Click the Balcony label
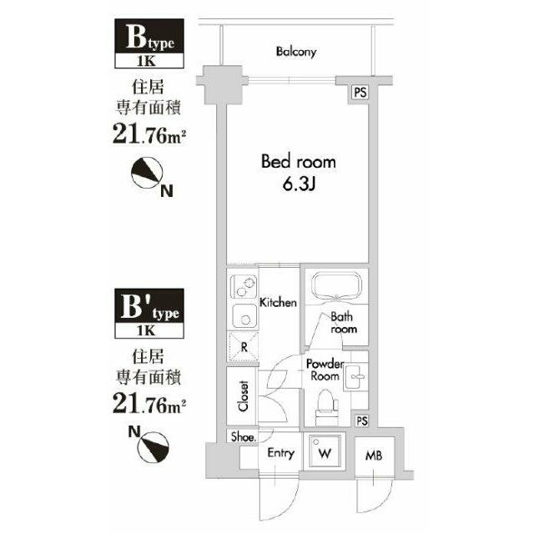click(296, 52)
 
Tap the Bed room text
click(299, 162)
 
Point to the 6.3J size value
click(300, 184)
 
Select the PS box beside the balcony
click(360, 93)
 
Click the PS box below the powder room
click(361, 421)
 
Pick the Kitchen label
click(278, 302)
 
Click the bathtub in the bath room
click(336, 285)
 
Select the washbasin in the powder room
click(355, 376)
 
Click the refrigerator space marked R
click(243, 347)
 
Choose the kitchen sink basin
click(244, 315)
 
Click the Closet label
click(243, 395)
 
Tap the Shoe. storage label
click(243, 436)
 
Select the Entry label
click(280, 453)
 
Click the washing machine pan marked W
click(325, 451)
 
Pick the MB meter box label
click(374, 456)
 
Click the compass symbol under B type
click(147, 173)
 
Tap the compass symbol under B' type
click(154, 447)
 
